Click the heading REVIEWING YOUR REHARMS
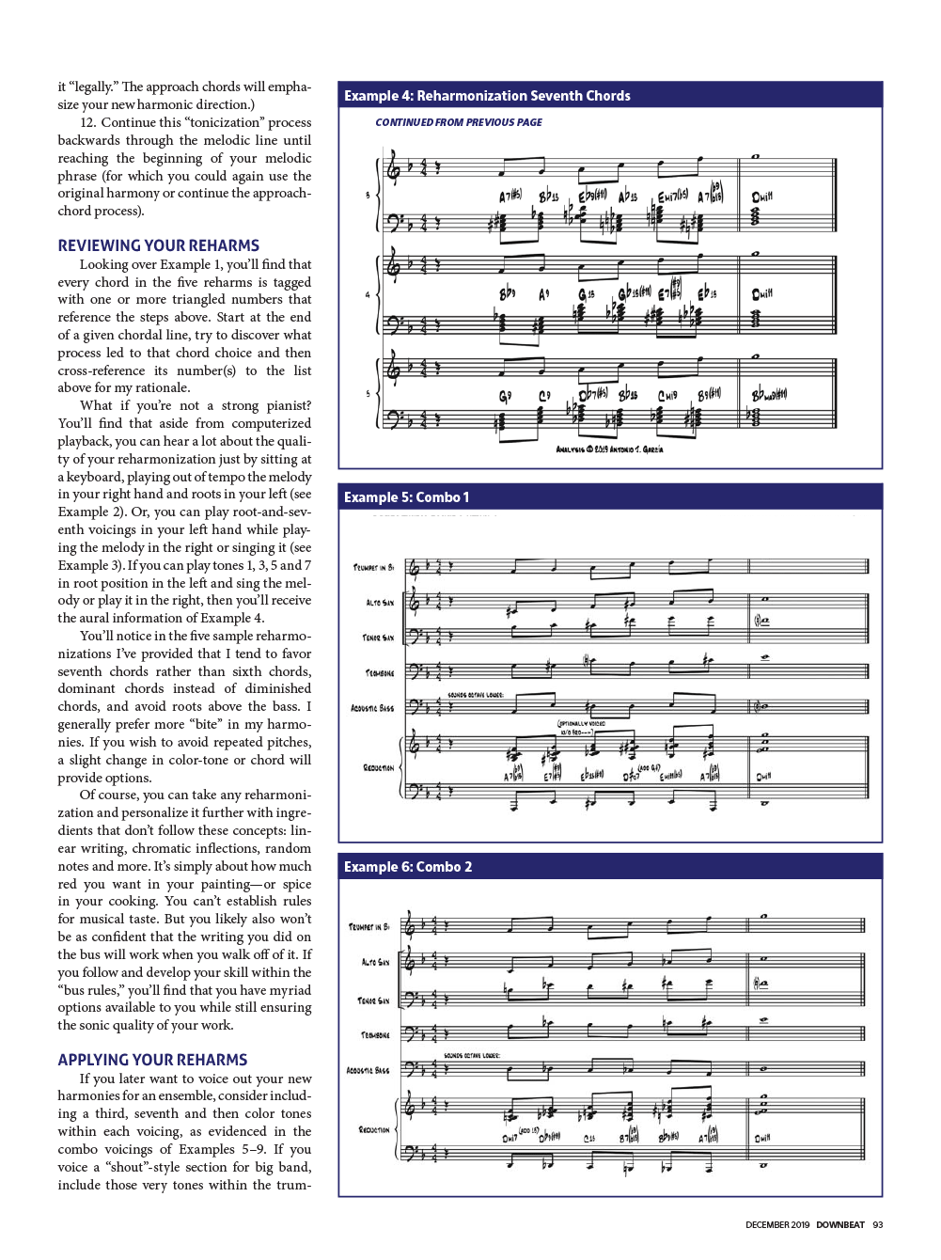158,245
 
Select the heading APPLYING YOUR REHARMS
152,1060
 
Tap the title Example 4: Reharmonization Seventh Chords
487,96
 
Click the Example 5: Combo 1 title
406,497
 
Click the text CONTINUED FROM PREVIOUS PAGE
459,122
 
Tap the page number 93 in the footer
878,1225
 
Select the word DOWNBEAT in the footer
839,1225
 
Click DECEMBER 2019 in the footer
777,1225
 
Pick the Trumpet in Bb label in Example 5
373,568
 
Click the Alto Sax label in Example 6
375,962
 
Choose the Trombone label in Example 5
379,673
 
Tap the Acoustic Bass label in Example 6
368,1070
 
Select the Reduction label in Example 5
378,768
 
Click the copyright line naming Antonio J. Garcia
609,449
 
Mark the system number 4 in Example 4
368,295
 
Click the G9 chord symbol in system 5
505,397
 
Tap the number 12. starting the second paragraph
88,123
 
